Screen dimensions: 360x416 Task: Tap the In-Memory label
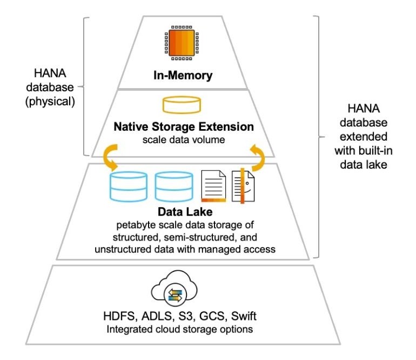coord(182,76)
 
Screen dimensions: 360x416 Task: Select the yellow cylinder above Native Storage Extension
coord(182,105)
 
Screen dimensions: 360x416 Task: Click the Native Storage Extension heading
coord(184,128)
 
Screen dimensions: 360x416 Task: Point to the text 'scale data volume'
coord(183,139)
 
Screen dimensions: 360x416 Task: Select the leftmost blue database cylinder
coord(128,186)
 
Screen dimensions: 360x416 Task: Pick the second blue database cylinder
coord(173,186)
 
